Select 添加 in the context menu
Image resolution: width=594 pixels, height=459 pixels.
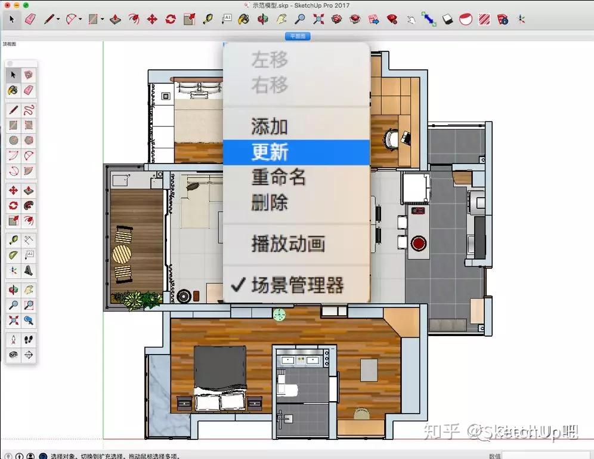[x=270, y=127]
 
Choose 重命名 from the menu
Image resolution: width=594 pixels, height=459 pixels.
[x=279, y=178]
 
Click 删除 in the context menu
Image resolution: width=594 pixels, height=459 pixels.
[x=270, y=203]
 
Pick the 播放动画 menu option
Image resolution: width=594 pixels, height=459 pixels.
[x=288, y=244]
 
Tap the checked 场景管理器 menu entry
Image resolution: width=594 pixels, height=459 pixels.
[x=297, y=286]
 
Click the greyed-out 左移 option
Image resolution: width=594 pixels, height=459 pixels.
[x=270, y=60]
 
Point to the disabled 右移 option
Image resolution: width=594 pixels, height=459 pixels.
[x=270, y=85]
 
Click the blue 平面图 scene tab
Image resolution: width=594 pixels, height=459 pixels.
[x=298, y=36]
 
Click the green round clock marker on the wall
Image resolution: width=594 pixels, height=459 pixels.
[x=279, y=314]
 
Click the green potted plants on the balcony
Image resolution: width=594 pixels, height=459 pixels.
[x=137, y=299]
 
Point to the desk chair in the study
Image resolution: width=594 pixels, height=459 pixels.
[x=391, y=138]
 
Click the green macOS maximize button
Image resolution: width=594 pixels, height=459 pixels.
[x=26, y=5]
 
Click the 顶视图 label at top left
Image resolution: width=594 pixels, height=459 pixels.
[x=10, y=44]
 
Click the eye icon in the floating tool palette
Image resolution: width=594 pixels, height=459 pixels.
[x=13, y=355]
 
